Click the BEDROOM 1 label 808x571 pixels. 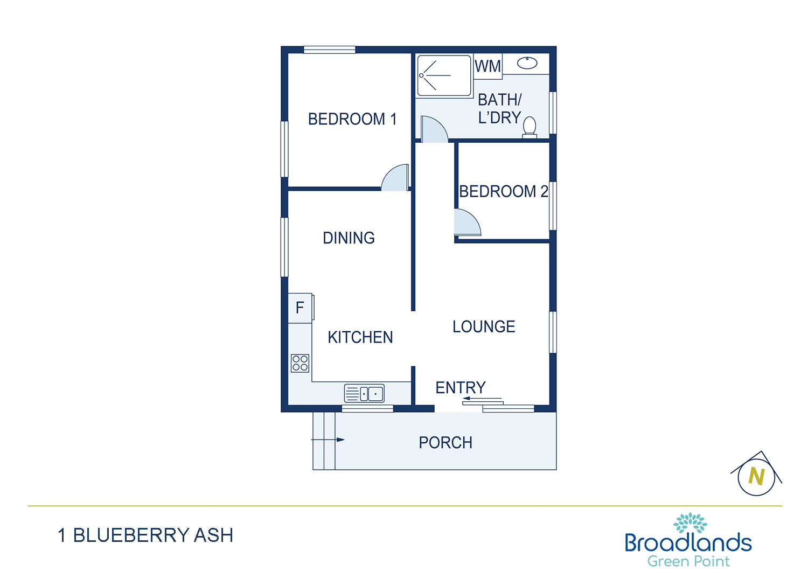[352, 119]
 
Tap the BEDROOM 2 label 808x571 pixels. [504, 191]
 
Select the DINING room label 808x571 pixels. [349, 238]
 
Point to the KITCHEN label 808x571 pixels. [360, 337]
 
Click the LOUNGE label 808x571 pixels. [484, 326]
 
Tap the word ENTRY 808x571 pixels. [461, 387]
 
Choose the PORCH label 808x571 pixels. [445, 443]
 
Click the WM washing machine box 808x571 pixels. [487, 66]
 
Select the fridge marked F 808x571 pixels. [301, 308]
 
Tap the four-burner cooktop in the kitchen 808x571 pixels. [300, 363]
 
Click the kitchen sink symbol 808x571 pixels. [364, 393]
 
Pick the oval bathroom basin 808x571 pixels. [527, 63]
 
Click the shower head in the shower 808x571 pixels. [421, 75]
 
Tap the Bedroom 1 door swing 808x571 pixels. [395, 177]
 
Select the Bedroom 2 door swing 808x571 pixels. [468, 222]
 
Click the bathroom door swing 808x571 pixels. [435, 129]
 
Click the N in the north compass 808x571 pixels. [756, 476]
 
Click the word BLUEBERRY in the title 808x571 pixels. [131, 535]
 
